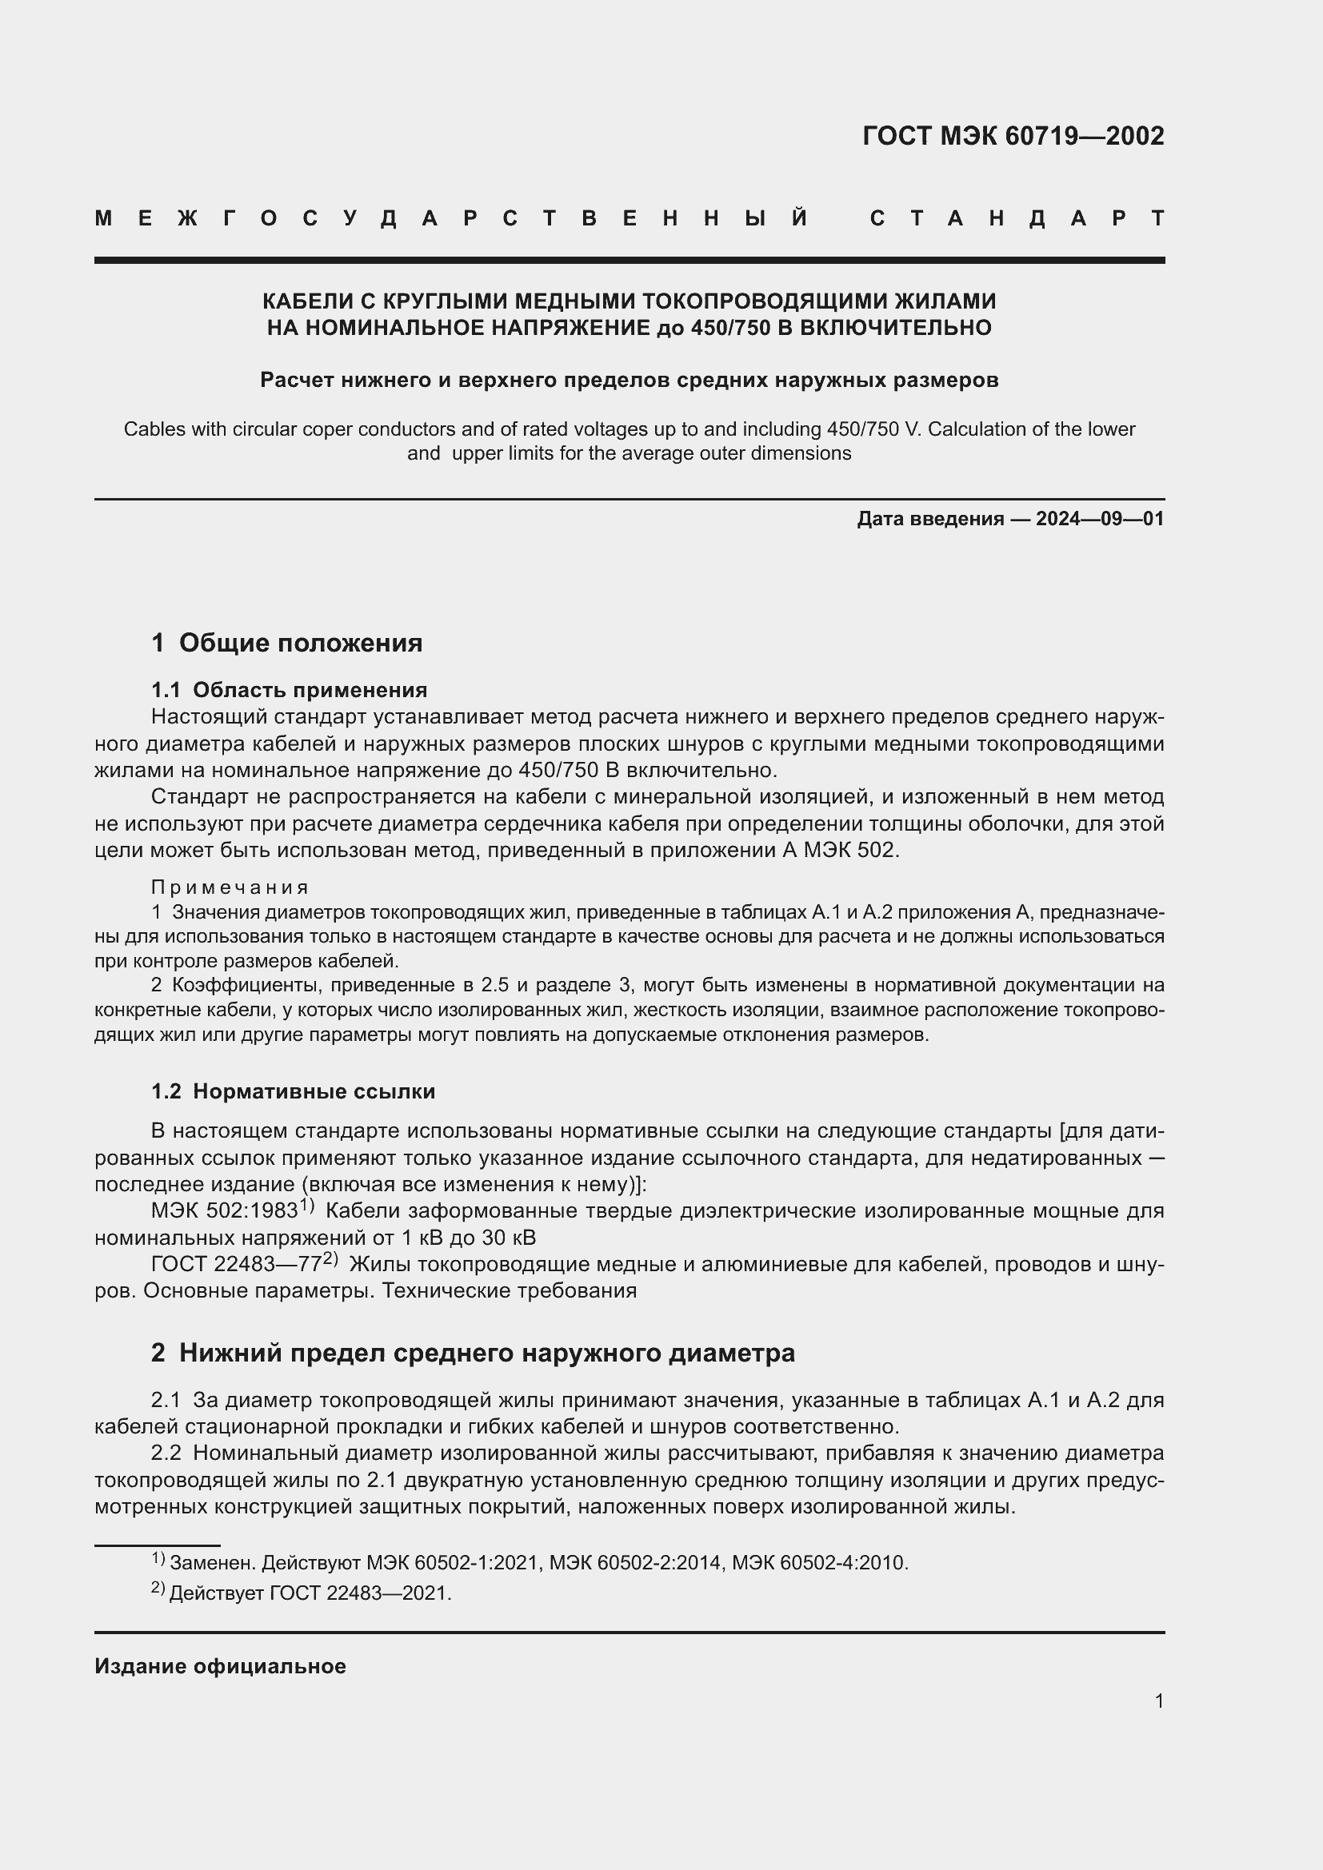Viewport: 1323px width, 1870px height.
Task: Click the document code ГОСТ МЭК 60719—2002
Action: (1013, 136)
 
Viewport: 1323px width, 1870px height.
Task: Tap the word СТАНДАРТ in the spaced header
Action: (1017, 218)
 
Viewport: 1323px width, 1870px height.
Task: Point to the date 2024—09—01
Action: (1100, 519)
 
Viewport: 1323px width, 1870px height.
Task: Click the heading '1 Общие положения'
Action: (287, 643)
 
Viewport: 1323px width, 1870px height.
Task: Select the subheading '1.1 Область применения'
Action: (290, 690)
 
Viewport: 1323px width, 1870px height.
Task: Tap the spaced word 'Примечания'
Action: (230, 887)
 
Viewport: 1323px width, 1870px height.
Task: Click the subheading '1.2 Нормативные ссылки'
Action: (294, 1091)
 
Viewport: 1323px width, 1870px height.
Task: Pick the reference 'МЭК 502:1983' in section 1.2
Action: (224, 1211)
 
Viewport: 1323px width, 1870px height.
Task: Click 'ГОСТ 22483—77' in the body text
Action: (235, 1265)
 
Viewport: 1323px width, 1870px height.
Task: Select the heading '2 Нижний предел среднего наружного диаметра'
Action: (473, 1353)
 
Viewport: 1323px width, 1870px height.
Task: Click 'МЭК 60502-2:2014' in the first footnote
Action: (634, 1563)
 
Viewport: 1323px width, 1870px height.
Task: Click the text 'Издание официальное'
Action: (220, 1666)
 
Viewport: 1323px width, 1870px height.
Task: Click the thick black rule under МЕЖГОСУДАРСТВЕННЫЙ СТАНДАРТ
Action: (629, 261)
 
